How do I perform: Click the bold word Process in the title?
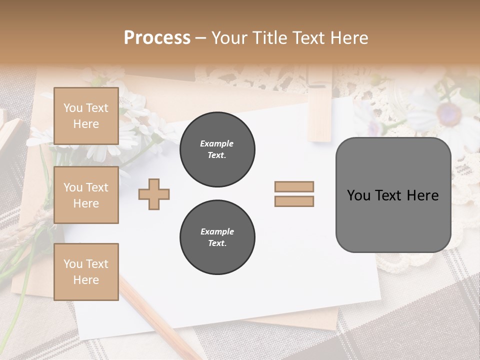[x=157, y=38]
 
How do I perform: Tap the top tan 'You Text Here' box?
[x=86, y=116]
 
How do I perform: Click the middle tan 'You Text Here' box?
[x=86, y=195]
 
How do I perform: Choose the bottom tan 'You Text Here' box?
[x=86, y=272]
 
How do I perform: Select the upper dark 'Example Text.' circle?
[x=217, y=149]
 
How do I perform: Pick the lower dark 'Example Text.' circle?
[x=217, y=237]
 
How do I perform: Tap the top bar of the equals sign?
[x=294, y=187]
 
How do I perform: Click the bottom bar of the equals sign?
[x=294, y=201]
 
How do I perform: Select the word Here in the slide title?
[x=350, y=38]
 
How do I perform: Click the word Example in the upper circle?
[x=217, y=143]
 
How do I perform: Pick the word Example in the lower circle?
[x=217, y=231]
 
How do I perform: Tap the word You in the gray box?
[x=358, y=195]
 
